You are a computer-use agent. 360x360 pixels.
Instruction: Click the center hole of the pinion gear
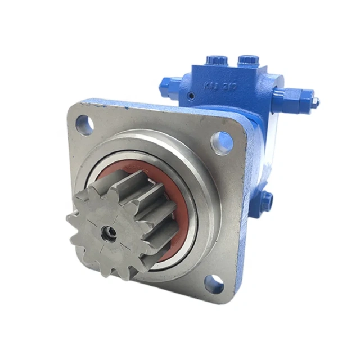click(x=107, y=230)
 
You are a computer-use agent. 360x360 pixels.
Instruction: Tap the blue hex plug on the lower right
click(x=267, y=198)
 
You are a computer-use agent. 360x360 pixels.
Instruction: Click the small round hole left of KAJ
click(x=192, y=97)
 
